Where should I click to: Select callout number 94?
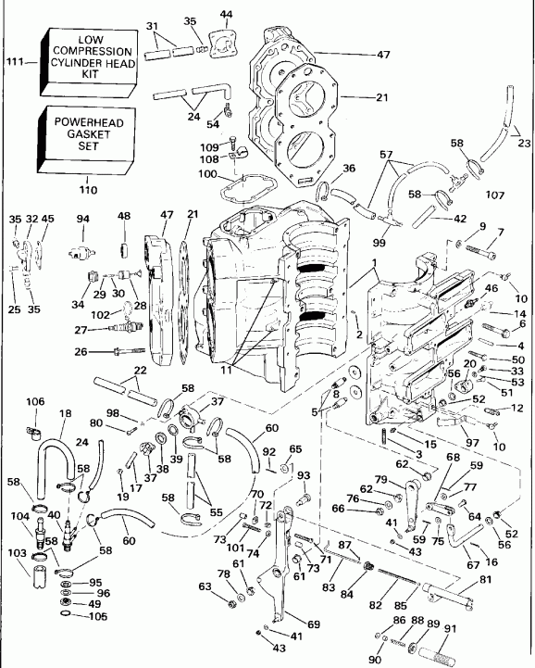[83, 219]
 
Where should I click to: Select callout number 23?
[525, 143]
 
